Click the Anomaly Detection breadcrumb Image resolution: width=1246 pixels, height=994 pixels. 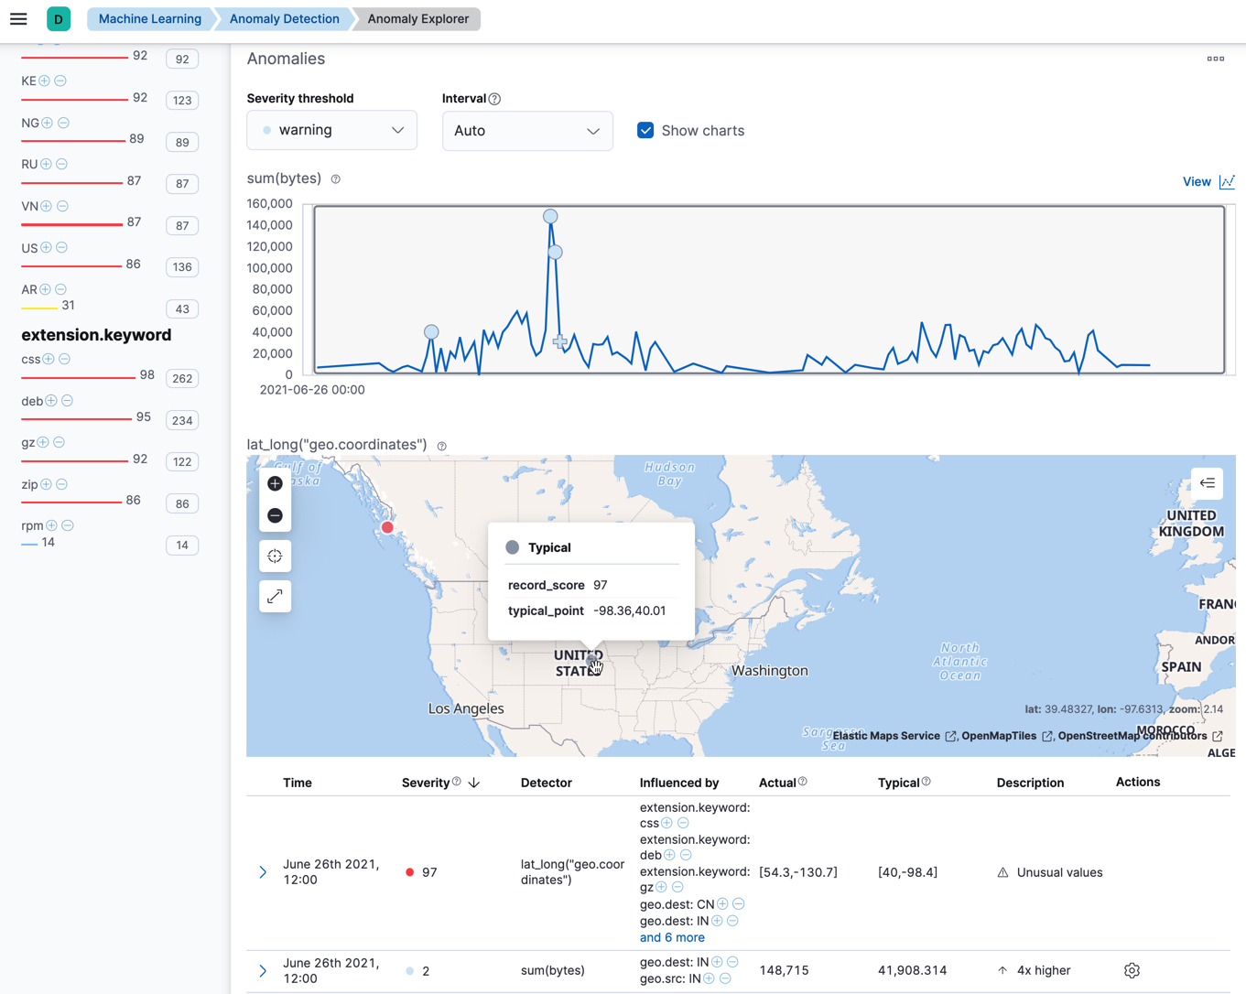coord(284,19)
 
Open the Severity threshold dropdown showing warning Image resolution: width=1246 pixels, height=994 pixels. coord(331,130)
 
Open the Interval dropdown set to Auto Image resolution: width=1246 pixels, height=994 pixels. coord(526,131)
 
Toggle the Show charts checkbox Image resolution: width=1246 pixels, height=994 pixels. coord(645,131)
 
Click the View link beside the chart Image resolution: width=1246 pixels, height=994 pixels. coord(1197,181)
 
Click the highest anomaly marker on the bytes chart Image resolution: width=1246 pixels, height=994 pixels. coord(550,217)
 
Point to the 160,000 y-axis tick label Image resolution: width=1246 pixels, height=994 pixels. coord(269,204)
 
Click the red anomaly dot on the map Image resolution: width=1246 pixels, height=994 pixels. coord(388,527)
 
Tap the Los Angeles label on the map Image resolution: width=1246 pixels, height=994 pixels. coord(466,708)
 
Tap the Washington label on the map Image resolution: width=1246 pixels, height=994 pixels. coord(769,671)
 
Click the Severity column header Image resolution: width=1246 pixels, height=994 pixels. coord(426,783)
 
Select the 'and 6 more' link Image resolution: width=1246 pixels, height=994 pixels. coord(672,937)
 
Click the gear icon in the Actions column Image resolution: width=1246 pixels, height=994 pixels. coord(1132,970)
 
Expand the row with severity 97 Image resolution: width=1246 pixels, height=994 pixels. coord(263,872)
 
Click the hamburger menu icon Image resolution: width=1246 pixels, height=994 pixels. coord(18,19)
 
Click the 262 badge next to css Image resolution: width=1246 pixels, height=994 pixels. coord(182,379)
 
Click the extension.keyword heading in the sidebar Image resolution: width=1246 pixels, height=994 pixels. coord(96,335)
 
